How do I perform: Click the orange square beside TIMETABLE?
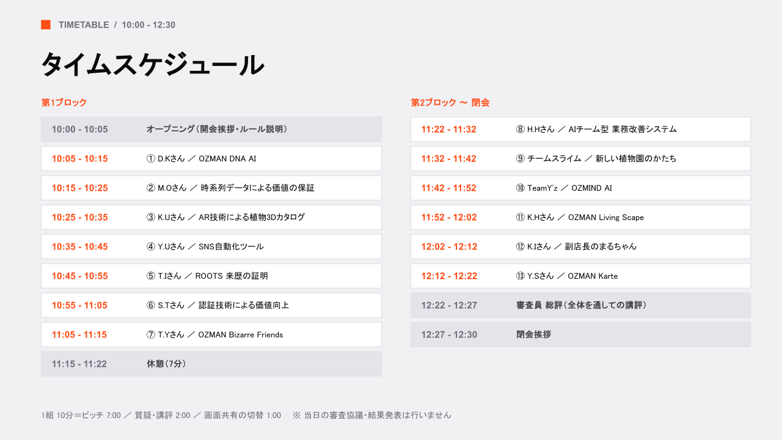coord(46,25)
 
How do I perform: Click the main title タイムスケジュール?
coord(153,65)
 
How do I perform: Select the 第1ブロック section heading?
coord(64,102)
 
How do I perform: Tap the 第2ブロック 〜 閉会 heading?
coord(450,102)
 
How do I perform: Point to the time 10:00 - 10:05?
coord(79,129)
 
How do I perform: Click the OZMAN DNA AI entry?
coord(227,158)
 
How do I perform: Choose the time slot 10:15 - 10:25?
coord(79,188)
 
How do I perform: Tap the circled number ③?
coord(150,217)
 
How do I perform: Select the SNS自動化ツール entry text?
coord(231,246)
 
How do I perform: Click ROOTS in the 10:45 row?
coord(209,276)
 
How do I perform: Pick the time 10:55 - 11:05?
coord(79,305)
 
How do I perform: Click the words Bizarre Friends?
coord(255,334)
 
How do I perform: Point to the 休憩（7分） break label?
coord(166,364)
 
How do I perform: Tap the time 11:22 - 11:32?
coord(448,129)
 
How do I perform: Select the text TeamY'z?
coord(542,188)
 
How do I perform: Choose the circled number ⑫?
coord(520,246)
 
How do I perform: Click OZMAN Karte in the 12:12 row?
coord(593,276)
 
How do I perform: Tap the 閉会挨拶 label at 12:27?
coord(533,334)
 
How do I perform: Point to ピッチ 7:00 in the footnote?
coord(101,415)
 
